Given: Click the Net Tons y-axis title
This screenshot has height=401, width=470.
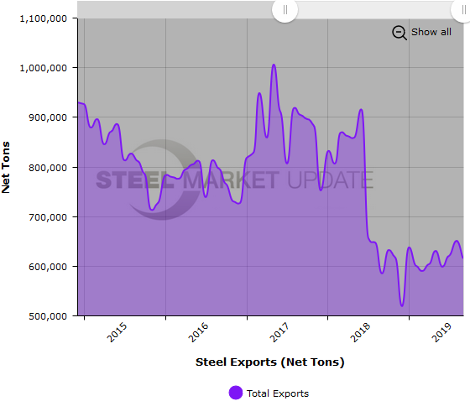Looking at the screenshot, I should pos(8,167).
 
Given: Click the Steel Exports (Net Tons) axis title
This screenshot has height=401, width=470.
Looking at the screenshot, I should pos(269,362).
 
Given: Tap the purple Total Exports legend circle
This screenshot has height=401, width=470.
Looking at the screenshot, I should pos(236,393).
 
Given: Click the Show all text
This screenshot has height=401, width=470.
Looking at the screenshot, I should pos(431,32).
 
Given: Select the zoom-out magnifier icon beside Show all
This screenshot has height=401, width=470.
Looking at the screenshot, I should pos(399,33).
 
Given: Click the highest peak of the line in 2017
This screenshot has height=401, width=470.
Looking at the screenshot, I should pos(274,65).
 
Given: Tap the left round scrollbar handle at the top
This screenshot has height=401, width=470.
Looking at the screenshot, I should pos(285,10).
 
